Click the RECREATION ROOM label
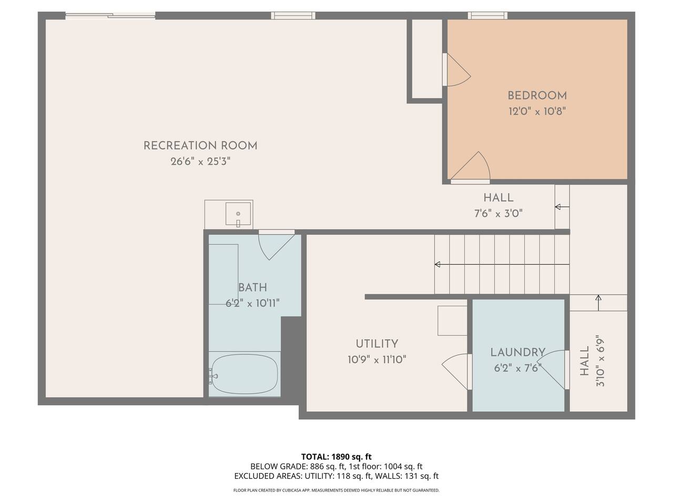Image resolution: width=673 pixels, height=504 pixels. coord(200,145)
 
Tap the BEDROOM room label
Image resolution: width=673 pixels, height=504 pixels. coord(537,96)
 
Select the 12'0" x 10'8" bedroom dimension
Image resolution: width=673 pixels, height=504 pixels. coord(537,111)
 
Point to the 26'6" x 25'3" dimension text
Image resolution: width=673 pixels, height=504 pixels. coord(200,161)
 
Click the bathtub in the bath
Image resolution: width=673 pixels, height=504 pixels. coord(244,374)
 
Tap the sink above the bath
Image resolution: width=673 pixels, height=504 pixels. coord(238,214)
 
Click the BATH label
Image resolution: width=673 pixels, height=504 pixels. coord(253,287)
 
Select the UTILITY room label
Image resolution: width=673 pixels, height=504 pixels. coord(377,344)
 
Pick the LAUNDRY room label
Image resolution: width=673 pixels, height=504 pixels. coord(518,352)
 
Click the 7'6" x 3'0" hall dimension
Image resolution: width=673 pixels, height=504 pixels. coord(498,213)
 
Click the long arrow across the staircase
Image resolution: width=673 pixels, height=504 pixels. coord(502,265)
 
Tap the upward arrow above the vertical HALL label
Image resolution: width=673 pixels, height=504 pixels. coord(598,302)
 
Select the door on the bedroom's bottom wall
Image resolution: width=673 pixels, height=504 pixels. coord(470,167)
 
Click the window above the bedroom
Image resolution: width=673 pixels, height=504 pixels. coord(487,15)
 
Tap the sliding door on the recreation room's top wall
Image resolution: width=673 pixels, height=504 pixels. coord(110,15)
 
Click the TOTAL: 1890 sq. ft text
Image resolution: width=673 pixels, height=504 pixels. coord(336,457)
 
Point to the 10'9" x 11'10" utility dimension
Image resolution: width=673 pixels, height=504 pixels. coord(377,360)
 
